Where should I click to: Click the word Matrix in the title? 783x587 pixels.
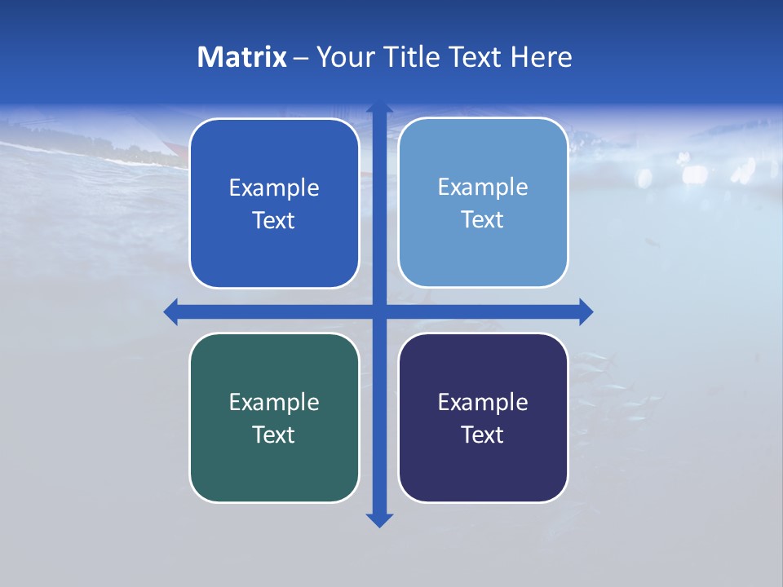click(x=242, y=57)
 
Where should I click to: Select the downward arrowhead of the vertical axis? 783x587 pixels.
click(x=379, y=519)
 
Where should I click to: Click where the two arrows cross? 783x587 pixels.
click(x=379, y=311)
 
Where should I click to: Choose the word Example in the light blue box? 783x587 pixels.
click(x=483, y=188)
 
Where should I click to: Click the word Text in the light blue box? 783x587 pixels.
click(x=483, y=220)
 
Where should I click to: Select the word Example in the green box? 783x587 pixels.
click(x=274, y=402)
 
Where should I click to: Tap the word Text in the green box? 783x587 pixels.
click(x=274, y=435)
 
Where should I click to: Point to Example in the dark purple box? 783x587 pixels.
click(x=483, y=402)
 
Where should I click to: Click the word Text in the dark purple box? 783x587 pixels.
click(x=483, y=435)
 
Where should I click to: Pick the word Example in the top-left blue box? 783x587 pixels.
click(x=274, y=188)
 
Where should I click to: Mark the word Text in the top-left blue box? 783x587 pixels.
click(x=274, y=221)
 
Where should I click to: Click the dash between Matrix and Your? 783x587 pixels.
click(x=301, y=58)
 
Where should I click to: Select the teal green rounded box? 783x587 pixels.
click(x=274, y=473)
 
